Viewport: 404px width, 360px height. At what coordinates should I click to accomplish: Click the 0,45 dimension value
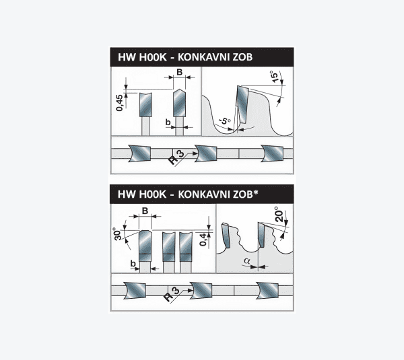(119, 103)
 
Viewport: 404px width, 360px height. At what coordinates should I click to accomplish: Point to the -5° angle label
(225, 120)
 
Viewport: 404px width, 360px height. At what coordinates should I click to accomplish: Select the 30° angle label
(117, 234)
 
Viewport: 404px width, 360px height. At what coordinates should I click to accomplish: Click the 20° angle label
(279, 214)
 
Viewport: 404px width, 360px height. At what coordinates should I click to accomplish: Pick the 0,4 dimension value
(203, 240)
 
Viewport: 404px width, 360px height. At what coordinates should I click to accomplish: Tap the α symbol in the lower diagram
(247, 261)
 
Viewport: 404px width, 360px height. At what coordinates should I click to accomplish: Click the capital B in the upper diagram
(179, 72)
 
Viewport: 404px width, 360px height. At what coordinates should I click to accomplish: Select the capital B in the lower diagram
(145, 211)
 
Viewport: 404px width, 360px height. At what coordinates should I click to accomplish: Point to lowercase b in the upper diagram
(168, 122)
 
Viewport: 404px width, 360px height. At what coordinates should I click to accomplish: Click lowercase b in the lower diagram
(133, 264)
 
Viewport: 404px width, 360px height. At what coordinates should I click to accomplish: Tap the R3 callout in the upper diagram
(176, 157)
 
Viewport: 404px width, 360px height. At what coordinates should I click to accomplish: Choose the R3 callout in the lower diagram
(171, 294)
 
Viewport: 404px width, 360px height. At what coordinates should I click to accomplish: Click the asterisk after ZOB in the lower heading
(256, 192)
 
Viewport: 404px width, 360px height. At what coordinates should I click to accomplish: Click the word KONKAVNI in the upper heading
(203, 57)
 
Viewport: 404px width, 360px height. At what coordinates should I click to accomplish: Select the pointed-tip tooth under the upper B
(179, 103)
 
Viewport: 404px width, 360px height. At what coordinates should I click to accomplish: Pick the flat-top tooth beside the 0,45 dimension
(145, 104)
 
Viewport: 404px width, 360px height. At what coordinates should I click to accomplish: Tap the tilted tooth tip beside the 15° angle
(242, 105)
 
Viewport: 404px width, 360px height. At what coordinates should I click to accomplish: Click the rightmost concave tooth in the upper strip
(272, 153)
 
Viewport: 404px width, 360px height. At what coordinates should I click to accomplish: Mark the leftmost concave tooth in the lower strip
(135, 290)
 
